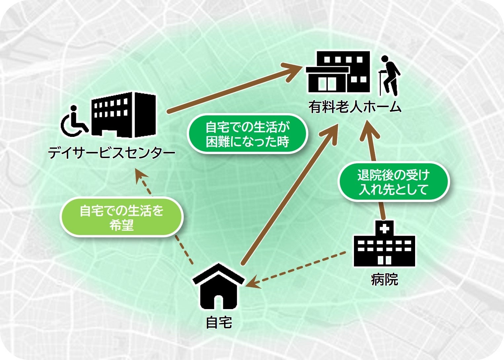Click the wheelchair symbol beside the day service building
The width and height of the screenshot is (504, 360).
click(74, 121)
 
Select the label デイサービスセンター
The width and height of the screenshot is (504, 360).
click(112, 153)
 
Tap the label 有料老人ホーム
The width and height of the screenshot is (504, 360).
click(355, 107)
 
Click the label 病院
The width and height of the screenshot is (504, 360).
click(384, 280)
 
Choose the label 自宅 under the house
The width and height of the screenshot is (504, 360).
click(218, 322)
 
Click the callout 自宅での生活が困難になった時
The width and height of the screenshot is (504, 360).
click(247, 134)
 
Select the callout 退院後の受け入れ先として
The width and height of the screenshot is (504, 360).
click(393, 182)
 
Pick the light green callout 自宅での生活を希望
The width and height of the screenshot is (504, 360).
click(122, 217)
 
